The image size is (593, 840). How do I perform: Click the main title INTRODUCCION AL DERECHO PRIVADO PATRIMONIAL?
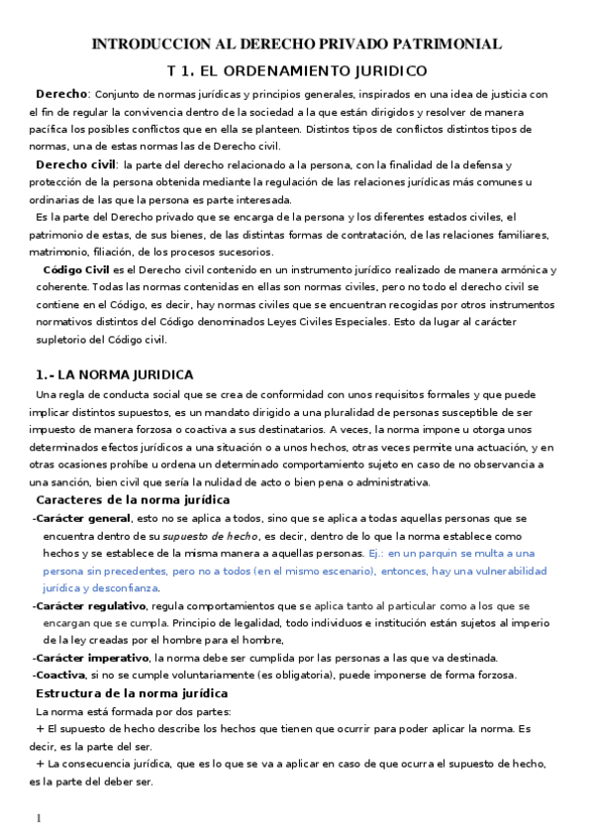pos(296,44)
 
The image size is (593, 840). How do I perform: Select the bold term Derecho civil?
pos(75,164)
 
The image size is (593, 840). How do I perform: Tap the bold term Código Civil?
pos(77,269)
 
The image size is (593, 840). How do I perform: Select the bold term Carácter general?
pos(84,518)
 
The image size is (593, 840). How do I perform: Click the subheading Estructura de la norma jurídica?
pos(132,693)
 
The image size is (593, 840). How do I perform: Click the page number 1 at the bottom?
pos(38,819)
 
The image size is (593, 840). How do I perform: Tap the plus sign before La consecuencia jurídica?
pos(41,764)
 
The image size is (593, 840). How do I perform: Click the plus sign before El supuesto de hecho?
pos(41,728)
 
